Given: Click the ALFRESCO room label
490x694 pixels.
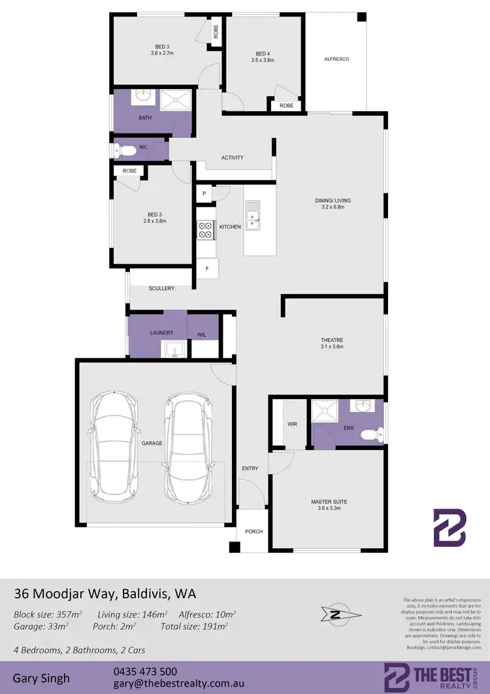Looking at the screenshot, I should tap(336, 59).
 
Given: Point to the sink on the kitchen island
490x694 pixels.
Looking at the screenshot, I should tap(253, 213).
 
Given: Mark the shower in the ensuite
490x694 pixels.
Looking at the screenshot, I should tap(325, 410).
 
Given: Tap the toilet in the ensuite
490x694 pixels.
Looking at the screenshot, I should tap(374, 432).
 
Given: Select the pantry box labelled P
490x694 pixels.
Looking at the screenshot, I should tap(204, 194).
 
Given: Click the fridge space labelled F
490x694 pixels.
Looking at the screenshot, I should tap(207, 268).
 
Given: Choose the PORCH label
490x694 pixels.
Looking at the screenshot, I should tap(253, 531).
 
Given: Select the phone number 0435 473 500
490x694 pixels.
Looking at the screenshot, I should tap(144, 671).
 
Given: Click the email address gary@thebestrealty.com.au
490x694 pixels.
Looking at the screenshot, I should tap(179, 684).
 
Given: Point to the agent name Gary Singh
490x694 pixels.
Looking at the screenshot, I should tap(42, 678).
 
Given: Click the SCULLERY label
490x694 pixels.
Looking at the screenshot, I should tap(161, 288).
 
